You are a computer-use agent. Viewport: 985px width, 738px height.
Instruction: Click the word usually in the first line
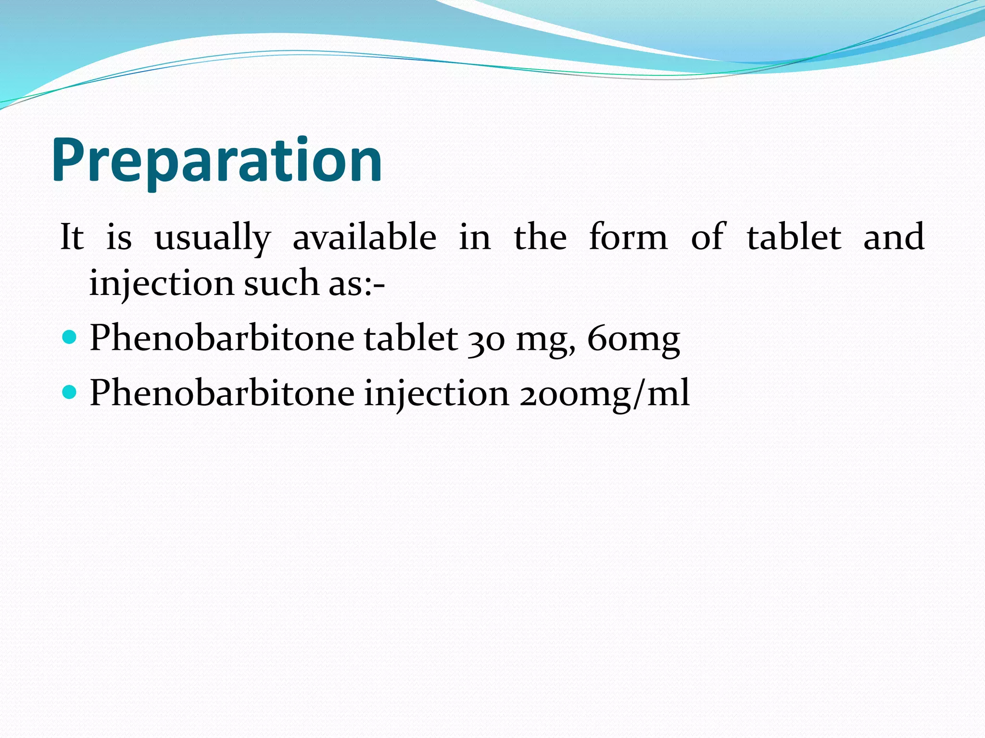[x=213, y=237]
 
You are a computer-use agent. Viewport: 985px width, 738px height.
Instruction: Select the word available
[x=365, y=237]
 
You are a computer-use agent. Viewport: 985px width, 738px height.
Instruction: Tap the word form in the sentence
[x=628, y=237]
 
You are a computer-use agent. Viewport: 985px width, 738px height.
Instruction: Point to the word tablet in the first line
[x=794, y=237]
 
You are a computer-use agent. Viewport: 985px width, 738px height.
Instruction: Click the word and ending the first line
[x=894, y=237]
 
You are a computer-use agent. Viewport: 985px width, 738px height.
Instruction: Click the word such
[x=281, y=283]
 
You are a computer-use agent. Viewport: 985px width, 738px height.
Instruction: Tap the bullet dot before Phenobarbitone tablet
[x=70, y=337]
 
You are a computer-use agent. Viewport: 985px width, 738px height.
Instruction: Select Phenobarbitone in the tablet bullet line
[x=222, y=338]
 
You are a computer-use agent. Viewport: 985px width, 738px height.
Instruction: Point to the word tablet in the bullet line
[x=410, y=338]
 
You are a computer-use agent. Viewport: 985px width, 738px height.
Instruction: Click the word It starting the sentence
[x=72, y=237]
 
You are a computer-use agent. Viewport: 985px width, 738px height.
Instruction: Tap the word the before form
[x=540, y=237]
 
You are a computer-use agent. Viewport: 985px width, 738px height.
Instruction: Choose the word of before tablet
[x=708, y=237]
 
